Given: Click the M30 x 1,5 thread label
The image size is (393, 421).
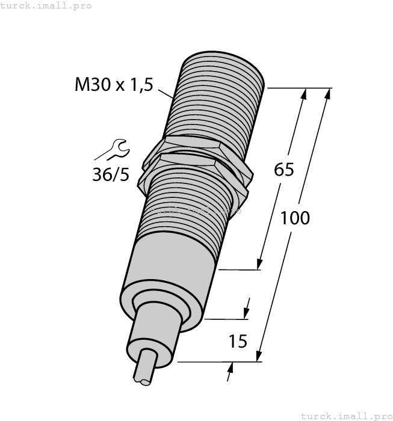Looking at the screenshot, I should (x=113, y=85).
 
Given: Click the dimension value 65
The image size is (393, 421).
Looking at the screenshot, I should (x=283, y=170).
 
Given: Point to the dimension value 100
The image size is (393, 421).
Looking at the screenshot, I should (x=295, y=218).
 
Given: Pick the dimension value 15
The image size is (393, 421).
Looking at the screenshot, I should (x=238, y=342).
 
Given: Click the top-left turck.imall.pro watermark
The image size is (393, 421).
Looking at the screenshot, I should (x=46, y=5).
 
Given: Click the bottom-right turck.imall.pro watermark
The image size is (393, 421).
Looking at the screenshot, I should (x=346, y=416).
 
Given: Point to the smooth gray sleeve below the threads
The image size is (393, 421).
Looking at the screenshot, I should (x=172, y=271).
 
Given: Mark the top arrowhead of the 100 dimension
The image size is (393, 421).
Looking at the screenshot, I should (x=327, y=94).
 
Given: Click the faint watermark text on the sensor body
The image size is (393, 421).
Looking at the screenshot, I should (x=199, y=211).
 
